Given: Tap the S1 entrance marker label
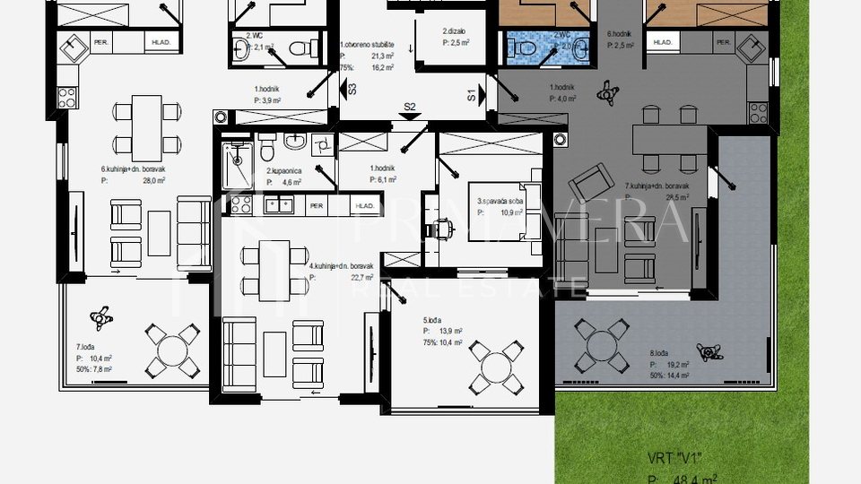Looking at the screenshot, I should click(x=472, y=94).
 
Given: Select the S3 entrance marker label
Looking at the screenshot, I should click(x=352, y=89).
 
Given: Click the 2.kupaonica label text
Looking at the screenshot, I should click(x=283, y=170).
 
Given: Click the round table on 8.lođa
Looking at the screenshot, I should click(x=599, y=348).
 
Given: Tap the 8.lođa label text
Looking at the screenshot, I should click(x=659, y=353).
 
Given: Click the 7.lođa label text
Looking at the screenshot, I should click(x=86, y=346).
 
